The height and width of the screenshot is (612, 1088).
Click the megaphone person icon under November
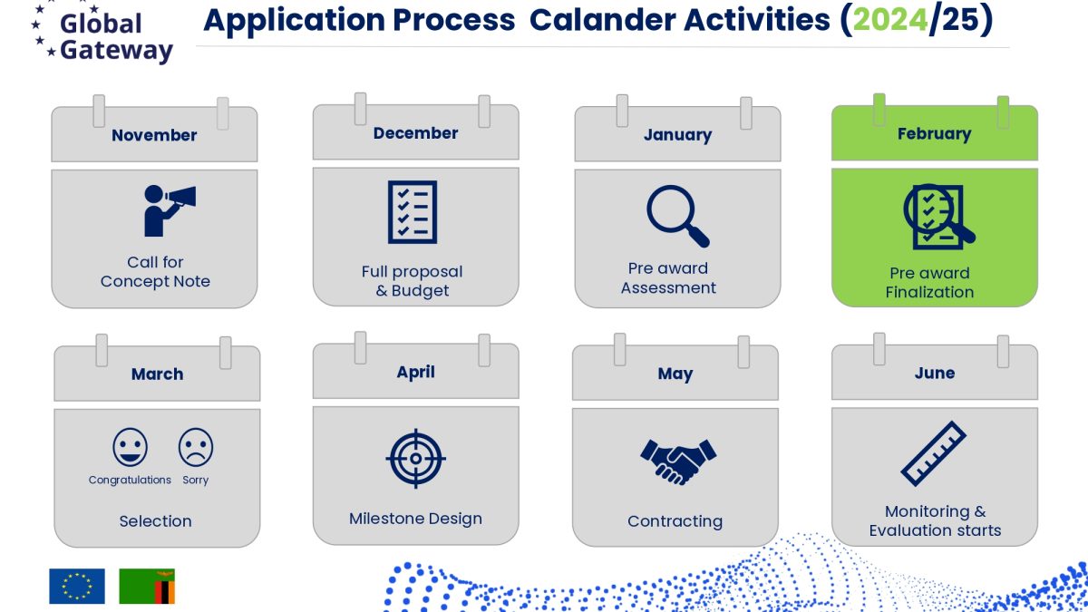pyautogui.click(x=170, y=210)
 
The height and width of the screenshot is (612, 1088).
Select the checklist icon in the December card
pyautogui.click(x=413, y=212)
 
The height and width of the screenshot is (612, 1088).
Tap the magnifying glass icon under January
pyautogui.click(x=678, y=216)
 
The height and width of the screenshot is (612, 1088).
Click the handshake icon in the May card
pyautogui.click(x=678, y=461)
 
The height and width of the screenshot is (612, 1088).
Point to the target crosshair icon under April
pyautogui.click(x=416, y=459)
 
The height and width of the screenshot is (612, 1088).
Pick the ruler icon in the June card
pyautogui.click(x=934, y=453)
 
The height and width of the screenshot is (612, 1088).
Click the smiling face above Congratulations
pyautogui.click(x=130, y=447)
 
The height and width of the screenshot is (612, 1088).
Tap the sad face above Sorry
pyautogui.click(x=196, y=447)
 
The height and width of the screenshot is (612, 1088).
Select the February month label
pyautogui.click(x=935, y=133)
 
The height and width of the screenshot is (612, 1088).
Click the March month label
pyautogui.click(x=158, y=374)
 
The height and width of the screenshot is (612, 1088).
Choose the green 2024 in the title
pyautogui.click(x=890, y=20)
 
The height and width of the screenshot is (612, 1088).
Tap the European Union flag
pyautogui.click(x=77, y=587)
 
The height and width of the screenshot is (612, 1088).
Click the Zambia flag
pyautogui.click(x=147, y=587)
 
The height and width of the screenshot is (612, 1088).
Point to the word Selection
pyautogui.click(x=155, y=521)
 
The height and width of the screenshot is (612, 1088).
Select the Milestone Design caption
pyautogui.click(x=416, y=520)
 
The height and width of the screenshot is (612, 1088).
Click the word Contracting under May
pyautogui.click(x=675, y=521)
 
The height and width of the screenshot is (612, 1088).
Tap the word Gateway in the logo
pyautogui.click(x=117, y=51)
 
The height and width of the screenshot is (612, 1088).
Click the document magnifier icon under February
pyautogui.click(x=938, y=217)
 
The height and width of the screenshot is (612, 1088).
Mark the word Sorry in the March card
pyautogui.click(x=195, y=481)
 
